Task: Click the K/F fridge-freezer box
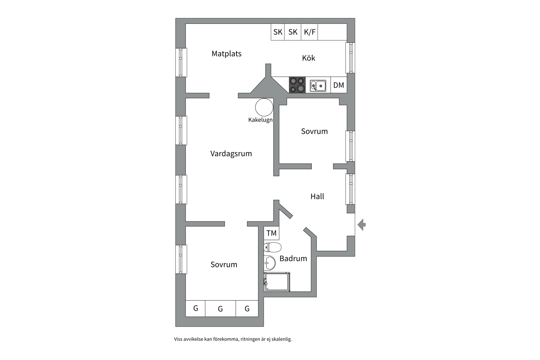[309, 32]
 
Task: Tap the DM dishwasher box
[339, 85]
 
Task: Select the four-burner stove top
[297, 85]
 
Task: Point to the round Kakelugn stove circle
[264, 107]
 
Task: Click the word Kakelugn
[260, 120]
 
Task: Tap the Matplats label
[226, 53]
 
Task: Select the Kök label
[309, 58]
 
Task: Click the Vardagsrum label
[231, 154]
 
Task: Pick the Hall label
[317, 196]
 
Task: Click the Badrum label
[293, 258]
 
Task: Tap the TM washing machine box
[271, 233]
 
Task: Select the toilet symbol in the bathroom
[272, 247]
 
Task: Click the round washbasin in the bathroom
[269, 263]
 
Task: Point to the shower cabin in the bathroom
[277, 282]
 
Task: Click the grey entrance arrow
[362, 224]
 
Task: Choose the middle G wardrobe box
[220, 309]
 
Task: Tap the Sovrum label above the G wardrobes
[224, 264]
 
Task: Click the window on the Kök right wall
[350, 58]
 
